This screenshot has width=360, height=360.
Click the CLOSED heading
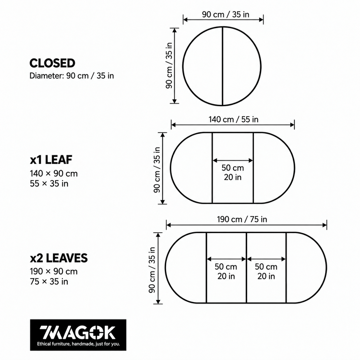click(52, 63)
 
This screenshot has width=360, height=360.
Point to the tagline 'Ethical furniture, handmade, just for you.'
click(79, 344)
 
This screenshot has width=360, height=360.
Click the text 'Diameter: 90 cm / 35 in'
click(72, 76)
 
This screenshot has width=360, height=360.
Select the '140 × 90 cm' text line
click(54, 174)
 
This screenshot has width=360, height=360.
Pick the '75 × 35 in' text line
click(49, 281)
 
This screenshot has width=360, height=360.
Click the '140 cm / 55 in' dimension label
click(233, 119)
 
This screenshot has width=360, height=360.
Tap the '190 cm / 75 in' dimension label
click(242, 219)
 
